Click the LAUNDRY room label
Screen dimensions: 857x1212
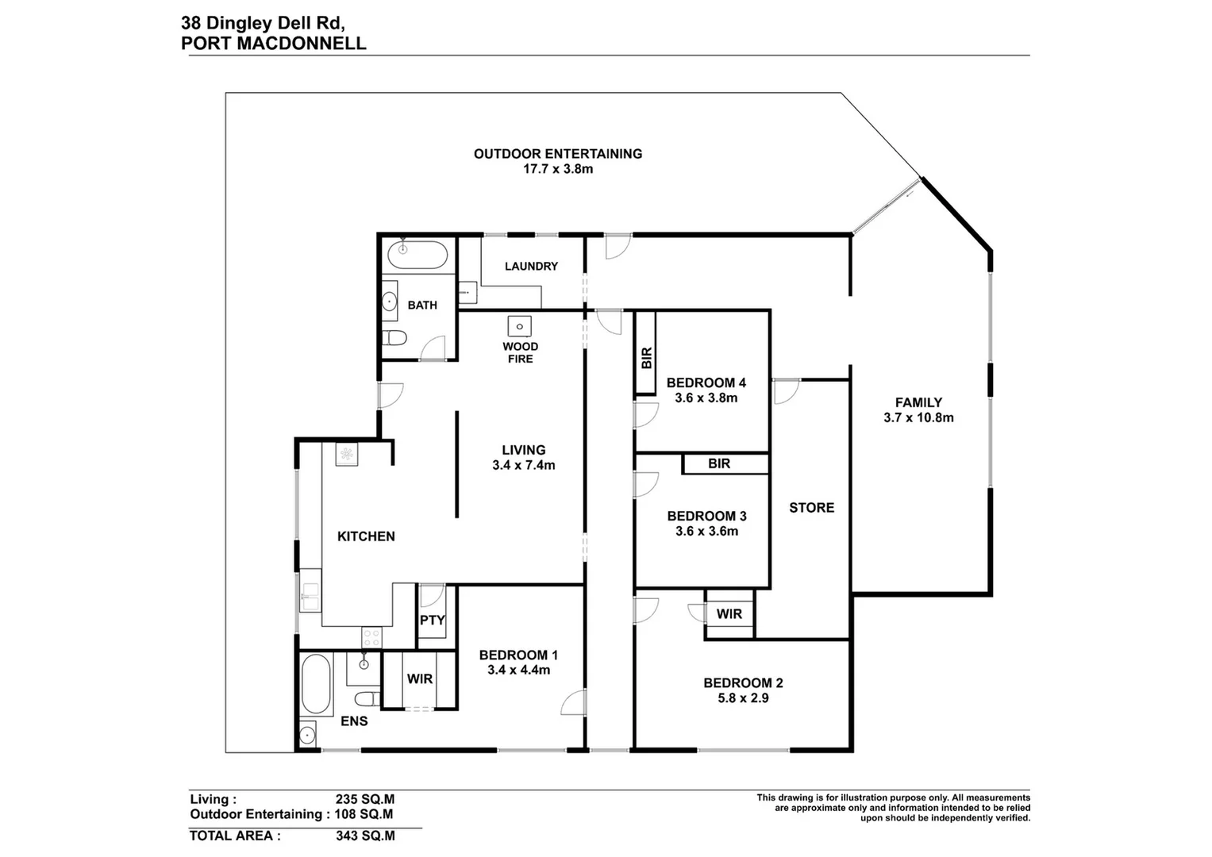[x=531, y=267]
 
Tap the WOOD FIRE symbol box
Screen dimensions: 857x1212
[x=520, y=325]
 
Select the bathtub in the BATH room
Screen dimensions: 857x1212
[x=417, y=256]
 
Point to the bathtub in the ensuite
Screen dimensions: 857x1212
[x=317, y=685]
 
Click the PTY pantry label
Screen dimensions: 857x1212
[x=432, y=621]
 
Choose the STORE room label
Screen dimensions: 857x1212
[x=811, y=508]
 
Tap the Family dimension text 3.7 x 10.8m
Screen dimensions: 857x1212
[x=918, y=417]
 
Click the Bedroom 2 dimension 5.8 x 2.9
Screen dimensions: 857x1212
[x=743, y=698]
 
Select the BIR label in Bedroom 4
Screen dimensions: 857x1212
[x=646, y=358]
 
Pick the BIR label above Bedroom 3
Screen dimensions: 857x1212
[x=719, y=463]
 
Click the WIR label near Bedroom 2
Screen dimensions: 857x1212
[x=729, y=614]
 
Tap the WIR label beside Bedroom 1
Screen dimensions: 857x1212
[x=419, y=679]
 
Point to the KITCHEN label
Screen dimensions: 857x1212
[x=366, y=536]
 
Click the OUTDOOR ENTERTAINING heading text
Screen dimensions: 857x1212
[x=557, y=154]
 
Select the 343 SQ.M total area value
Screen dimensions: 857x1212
[x=365, y=836]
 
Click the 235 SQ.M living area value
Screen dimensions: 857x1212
[x=365, y=800]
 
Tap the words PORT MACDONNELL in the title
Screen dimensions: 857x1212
[x=274, y=44]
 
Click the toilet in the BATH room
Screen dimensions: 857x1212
[x=394, y=339]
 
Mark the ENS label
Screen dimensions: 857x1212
[x=354, y=721]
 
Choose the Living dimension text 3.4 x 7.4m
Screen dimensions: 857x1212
[x=523, y=466]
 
